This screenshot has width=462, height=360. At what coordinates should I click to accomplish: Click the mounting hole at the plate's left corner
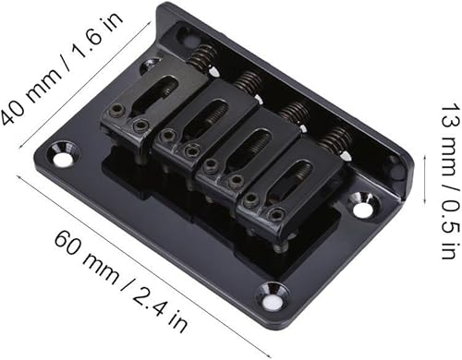click(x=62, y=159)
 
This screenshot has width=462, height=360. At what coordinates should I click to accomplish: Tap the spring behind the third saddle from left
click(x=295, y=112)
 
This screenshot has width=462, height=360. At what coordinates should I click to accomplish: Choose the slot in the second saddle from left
click(x=204, y=117)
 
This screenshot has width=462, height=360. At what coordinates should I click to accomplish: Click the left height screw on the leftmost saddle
click(x=115, y=112)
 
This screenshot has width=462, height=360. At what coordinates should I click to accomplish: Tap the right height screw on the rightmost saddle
click(x=276, y=214)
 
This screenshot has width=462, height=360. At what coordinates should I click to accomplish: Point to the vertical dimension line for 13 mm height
click(x=422, y=179)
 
